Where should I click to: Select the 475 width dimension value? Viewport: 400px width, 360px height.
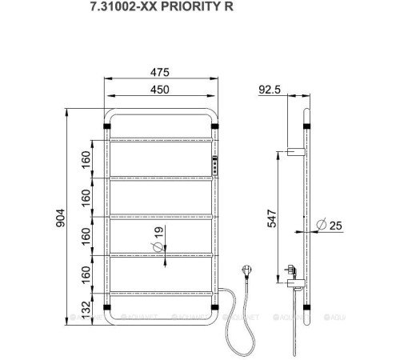click(x=161, y=72)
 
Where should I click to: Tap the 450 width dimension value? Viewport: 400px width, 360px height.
click(x=161, y=90)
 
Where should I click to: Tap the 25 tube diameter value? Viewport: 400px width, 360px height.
click(x=335, y=226)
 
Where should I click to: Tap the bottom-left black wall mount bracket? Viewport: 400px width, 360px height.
click(x=107, y=306)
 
